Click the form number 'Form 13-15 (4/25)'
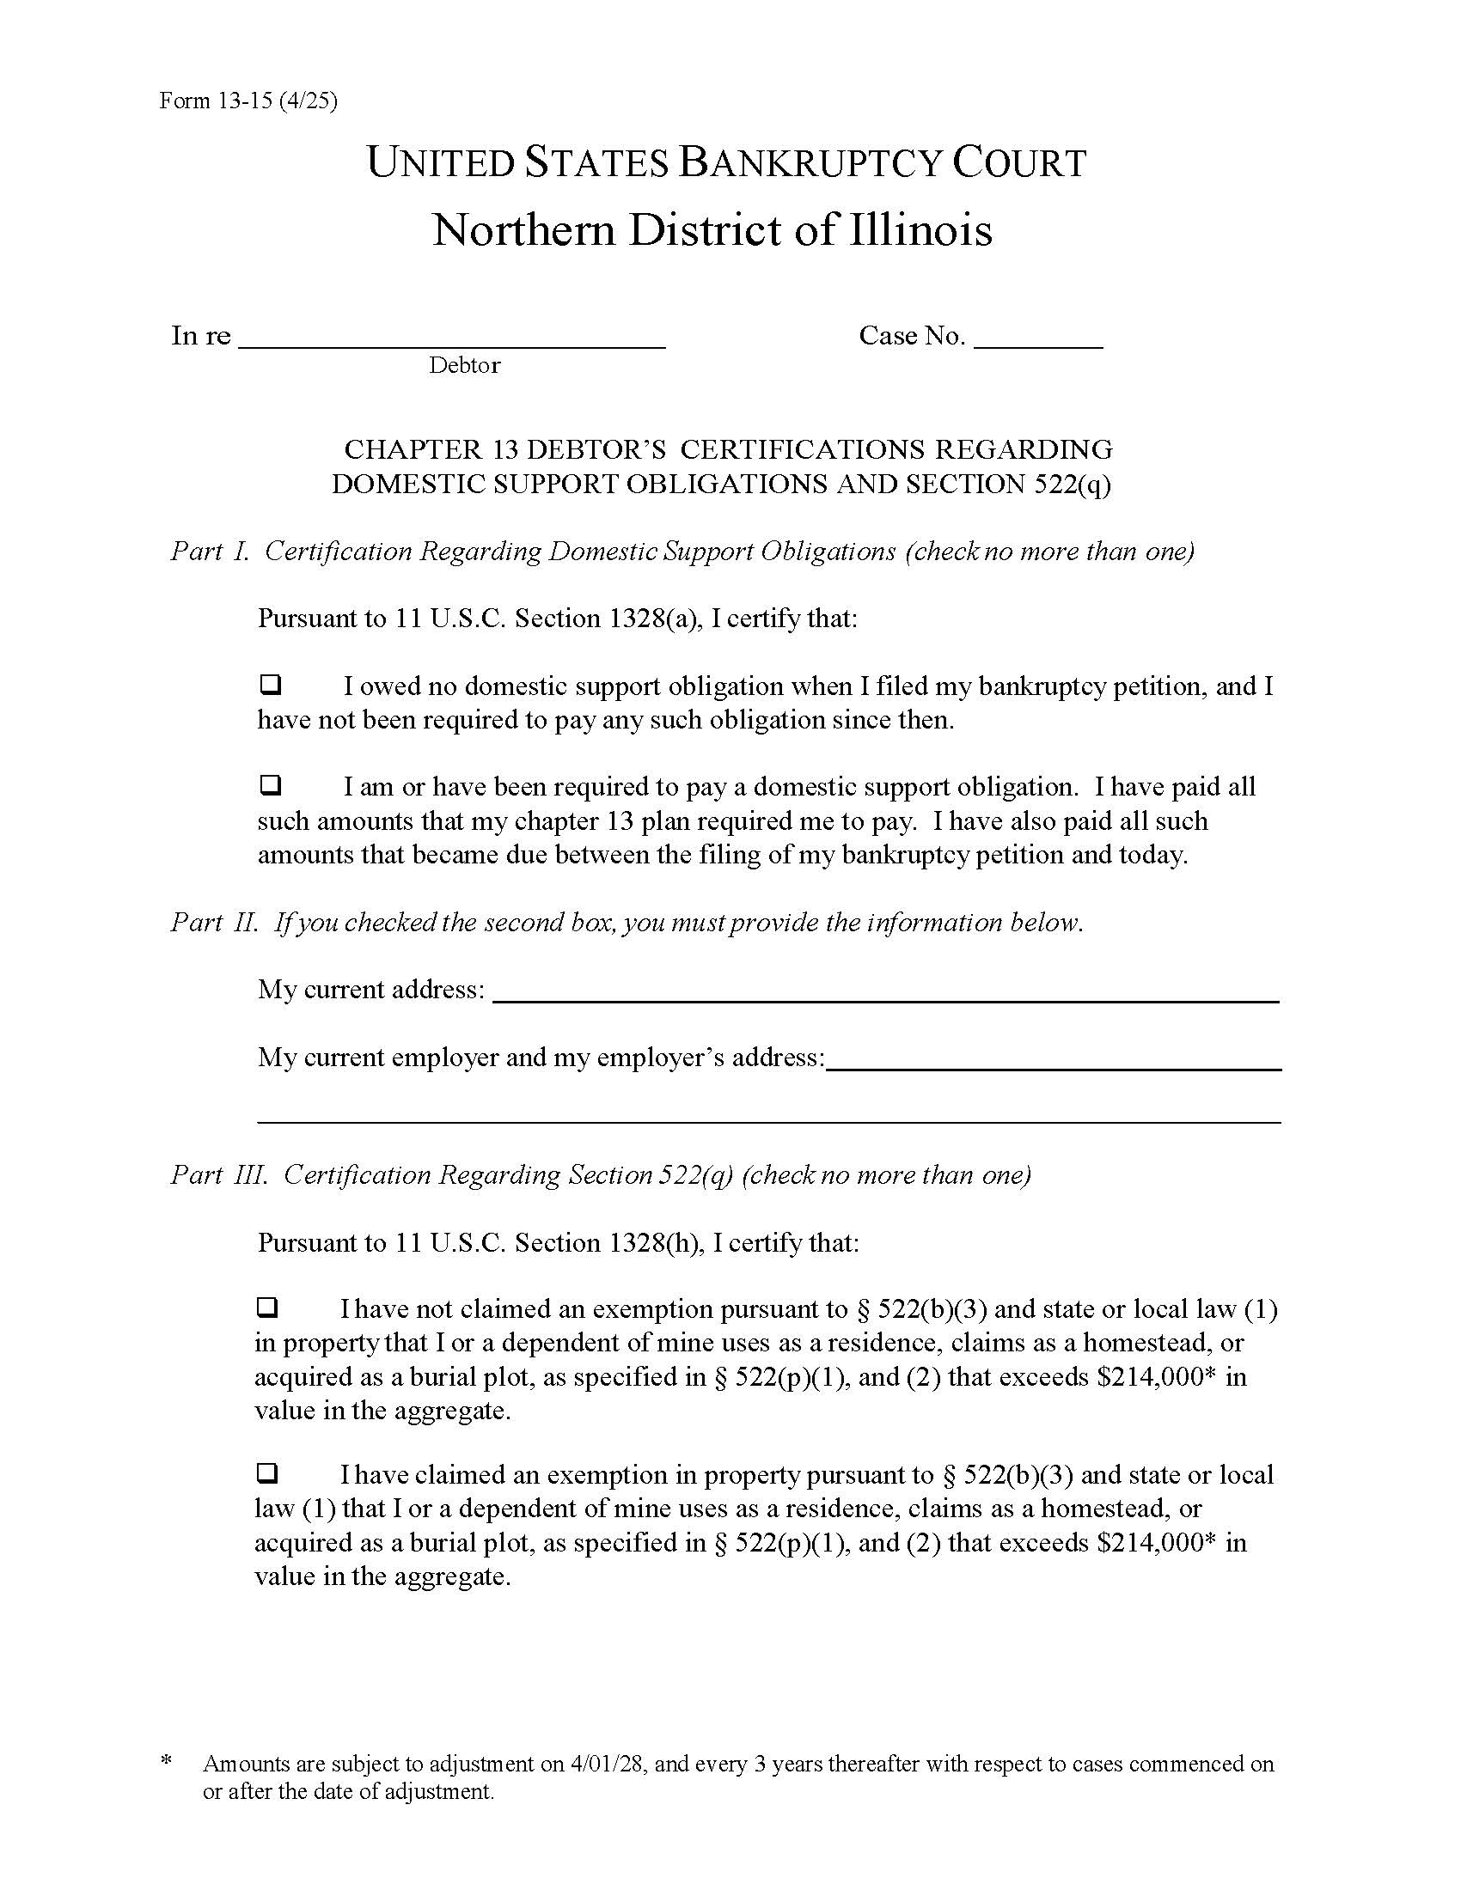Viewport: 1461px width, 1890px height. tap(248, 101)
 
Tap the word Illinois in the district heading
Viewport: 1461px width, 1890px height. tap(920, 229)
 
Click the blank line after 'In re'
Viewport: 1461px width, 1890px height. tap(451, 339)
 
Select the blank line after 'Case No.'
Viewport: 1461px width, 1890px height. tap(1038, 339)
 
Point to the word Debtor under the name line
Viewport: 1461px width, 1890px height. tap(464, 365)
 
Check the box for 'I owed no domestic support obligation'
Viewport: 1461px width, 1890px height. tap(270, 686)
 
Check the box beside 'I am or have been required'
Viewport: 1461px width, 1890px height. tap(270, 786)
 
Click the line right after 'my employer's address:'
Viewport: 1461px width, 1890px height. tap(1053, 1062)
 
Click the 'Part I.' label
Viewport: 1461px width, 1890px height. tap(210, 552)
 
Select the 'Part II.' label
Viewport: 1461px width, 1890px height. tap(214, 923)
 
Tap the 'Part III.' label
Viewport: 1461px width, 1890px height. tap(219, 1174)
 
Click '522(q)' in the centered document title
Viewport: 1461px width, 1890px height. tap(1073, 484)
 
